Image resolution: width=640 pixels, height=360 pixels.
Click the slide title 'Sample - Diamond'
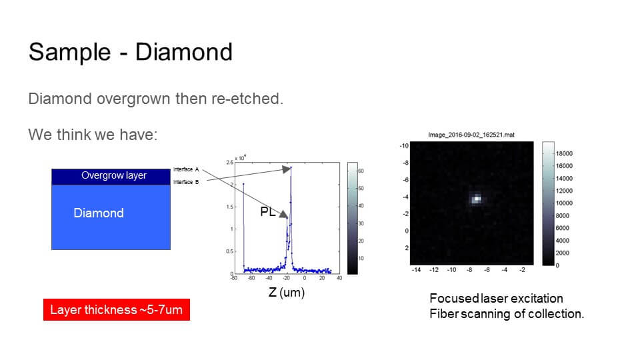pos(130,52)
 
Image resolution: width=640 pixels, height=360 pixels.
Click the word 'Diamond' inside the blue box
pos(99,213)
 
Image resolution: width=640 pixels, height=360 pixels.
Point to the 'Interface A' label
pos(186,169)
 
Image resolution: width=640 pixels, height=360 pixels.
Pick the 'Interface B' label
pos(186,181)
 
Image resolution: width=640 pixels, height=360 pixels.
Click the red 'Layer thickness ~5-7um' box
pos(116,310)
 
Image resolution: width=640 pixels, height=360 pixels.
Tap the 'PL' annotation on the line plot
pos(268,213)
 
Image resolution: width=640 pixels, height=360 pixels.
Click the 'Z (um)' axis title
pos(286,292)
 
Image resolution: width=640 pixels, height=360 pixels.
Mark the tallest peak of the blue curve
pos(291,167)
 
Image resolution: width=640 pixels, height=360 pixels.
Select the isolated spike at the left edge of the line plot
pos(243,184)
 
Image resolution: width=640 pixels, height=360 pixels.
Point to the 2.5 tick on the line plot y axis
pos(229,163)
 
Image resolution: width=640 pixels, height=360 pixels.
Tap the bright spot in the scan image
pos(477,198)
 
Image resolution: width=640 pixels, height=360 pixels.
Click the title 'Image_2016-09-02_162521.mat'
pos(471,135)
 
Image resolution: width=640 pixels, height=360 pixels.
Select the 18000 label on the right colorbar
pos(564,153)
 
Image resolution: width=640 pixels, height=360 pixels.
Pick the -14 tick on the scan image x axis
pos(417,270)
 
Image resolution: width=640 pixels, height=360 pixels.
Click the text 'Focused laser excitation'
pos(496,298)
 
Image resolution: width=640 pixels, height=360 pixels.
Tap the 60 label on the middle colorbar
pos(361,171)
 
